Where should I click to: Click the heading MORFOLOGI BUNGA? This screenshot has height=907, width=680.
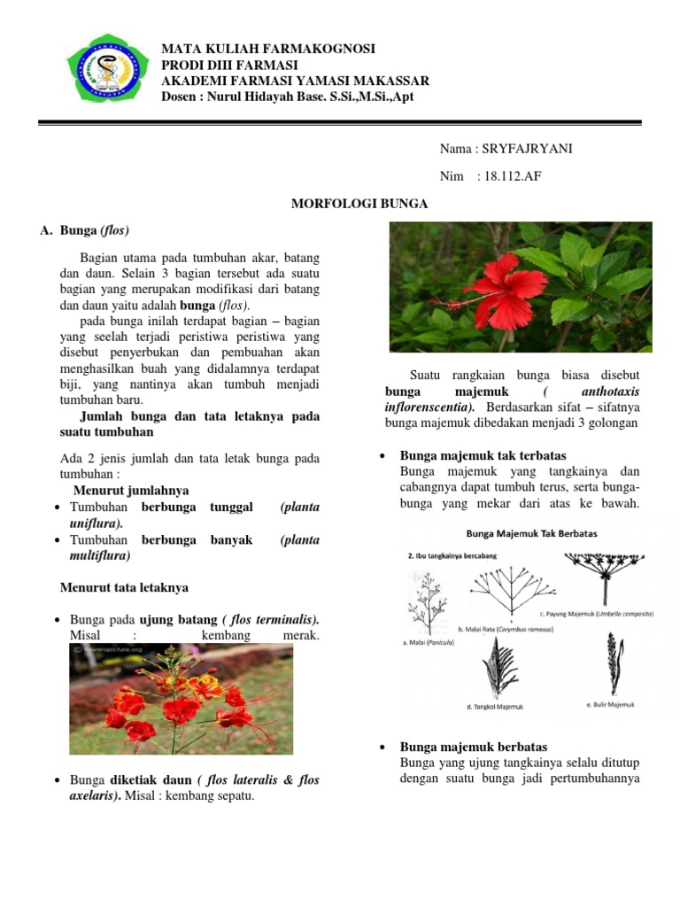(359, 204)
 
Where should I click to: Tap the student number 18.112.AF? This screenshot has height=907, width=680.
(508, 176)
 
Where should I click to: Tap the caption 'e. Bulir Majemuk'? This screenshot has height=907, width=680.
(611, 704)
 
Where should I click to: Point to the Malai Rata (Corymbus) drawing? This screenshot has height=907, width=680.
(505, 592)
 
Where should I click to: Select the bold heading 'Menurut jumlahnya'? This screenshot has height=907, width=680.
(130, 490)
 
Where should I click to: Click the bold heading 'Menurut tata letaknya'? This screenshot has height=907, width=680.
(124, 587)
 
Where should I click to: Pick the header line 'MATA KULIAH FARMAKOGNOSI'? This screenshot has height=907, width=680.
(268, 49)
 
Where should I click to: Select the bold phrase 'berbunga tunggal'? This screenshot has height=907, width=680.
(197, 508)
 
